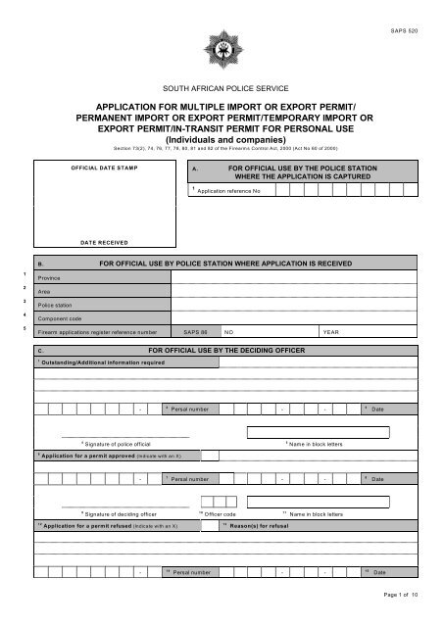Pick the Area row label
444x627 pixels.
[43, 292]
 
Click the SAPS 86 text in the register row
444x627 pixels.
[194, 332]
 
